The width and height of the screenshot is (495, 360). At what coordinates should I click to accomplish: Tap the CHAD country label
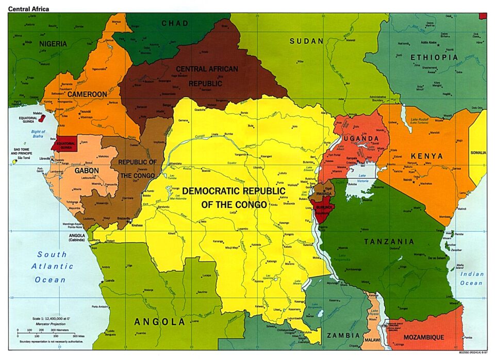click(x=175, y=23)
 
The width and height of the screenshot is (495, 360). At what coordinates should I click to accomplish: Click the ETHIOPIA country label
click(x=434, y=57)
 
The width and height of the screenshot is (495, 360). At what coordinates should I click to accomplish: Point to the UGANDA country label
click(x=362, y=139)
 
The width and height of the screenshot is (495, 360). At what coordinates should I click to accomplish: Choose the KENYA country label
click(x=426, y=156)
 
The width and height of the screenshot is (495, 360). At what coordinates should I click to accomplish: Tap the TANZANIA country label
click(x=389, y=241)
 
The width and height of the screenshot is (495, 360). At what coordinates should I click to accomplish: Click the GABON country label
click(x=87, y=170)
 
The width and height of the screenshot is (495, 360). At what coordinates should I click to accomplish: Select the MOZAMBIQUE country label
click(x=424, y=337)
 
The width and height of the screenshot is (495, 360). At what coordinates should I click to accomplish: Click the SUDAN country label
click(x=306, y=41)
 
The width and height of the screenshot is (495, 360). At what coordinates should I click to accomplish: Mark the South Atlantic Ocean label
click(x=51, y=267)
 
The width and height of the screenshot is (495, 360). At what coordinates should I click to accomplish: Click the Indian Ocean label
click(x=471, y=279)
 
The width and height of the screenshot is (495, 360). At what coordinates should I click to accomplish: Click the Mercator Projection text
click(x=51, y=324)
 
